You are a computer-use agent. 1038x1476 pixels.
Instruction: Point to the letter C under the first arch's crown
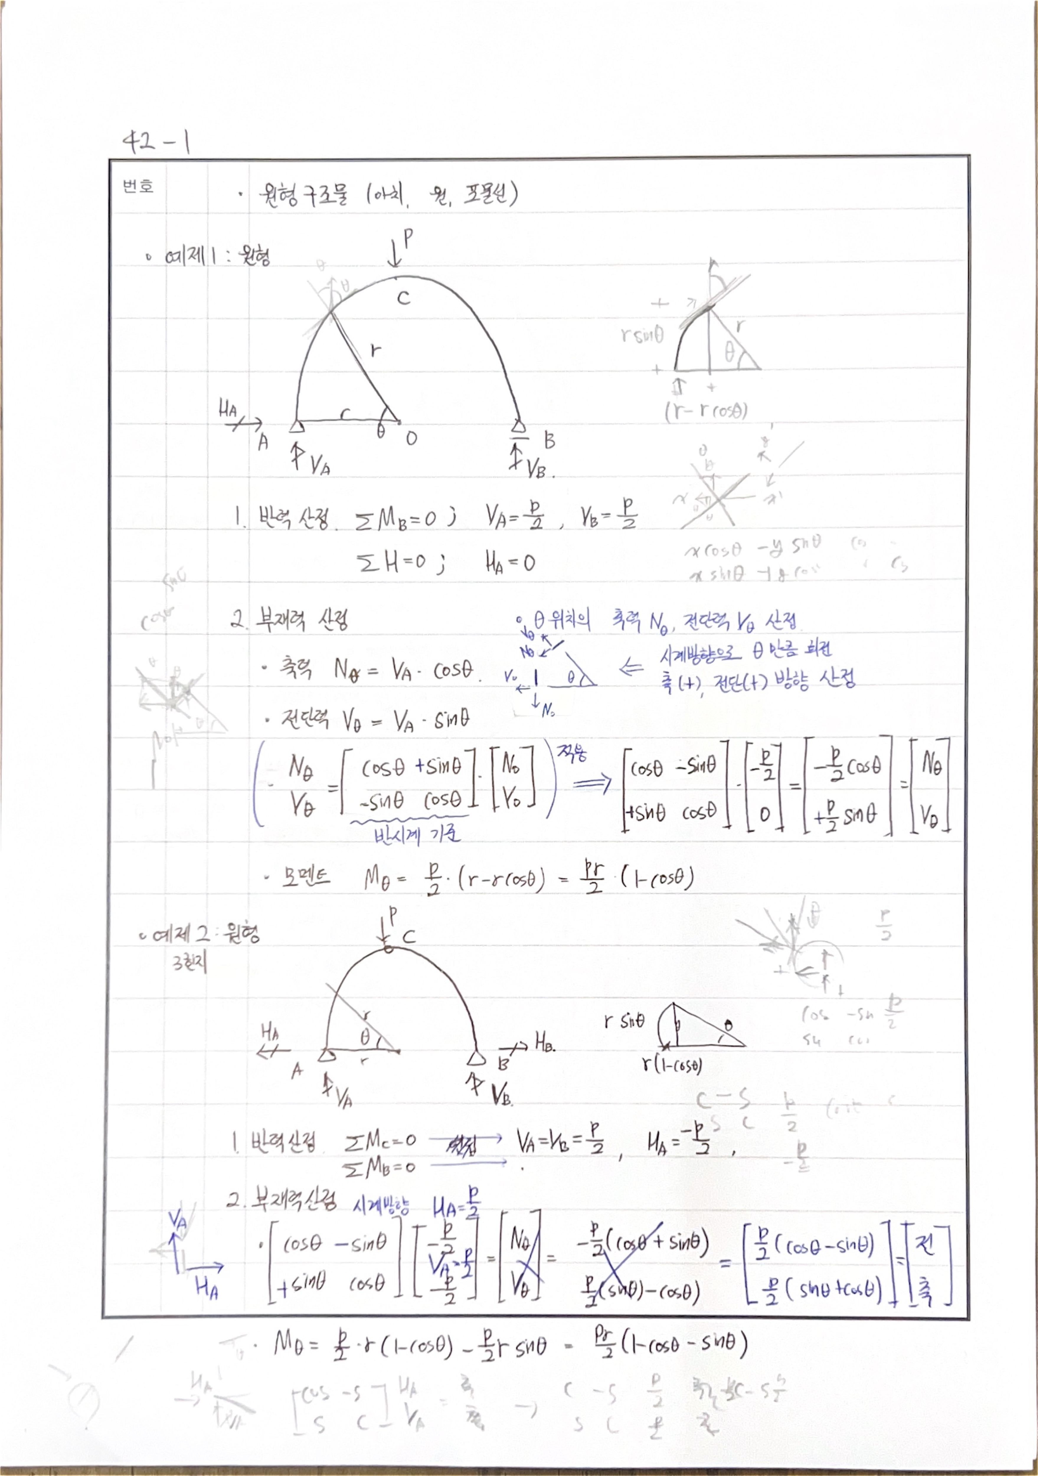click(x=403, y=298)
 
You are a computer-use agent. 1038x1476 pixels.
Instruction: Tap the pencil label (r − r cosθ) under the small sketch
click(x=706, y=410)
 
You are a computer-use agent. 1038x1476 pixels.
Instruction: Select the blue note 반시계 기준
click(x=417, y=835)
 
